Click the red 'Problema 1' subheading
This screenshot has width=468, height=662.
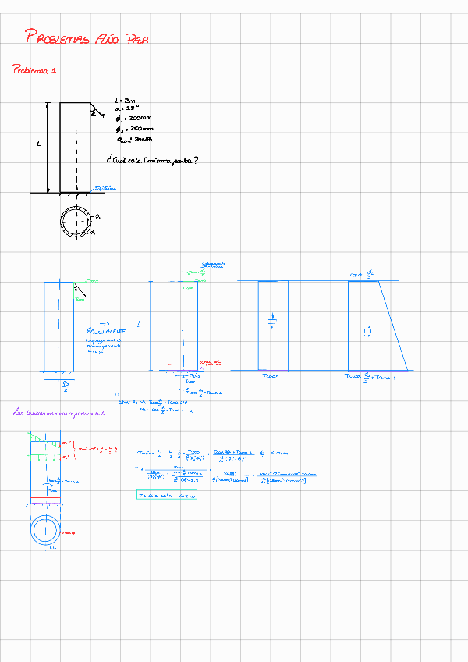pyautogui.click(x=35, y=70)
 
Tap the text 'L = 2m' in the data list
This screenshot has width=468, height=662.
pyautogui.click(x=125, y=101)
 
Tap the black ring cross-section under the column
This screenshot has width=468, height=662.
pyautogui.click(x=76, y=222)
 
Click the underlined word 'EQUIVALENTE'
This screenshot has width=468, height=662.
pyautogui.click(x=108, y=331)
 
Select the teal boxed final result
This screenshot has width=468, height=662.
pyautogui.click(x=166, y=495)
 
